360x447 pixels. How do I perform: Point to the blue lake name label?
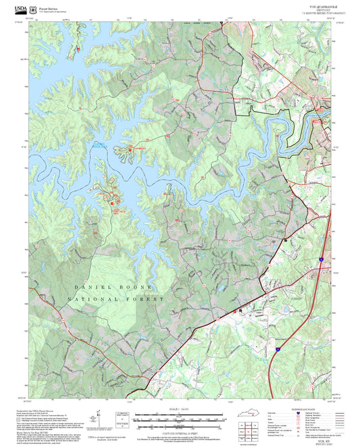point(99,144)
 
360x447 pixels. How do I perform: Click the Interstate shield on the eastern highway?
point(321,259)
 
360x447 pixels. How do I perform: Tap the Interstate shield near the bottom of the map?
point(277,350)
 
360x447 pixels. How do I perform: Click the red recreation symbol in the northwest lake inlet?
point(78,49)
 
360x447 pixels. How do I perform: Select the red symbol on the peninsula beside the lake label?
point(123,148)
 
